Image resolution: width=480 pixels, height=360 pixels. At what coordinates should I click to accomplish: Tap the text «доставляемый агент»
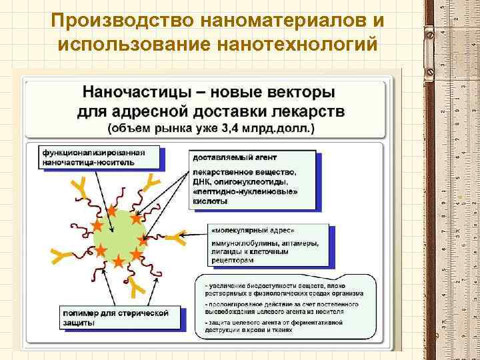(x=225, y=158)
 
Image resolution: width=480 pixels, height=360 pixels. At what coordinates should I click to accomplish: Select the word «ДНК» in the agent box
(x=202, y=181)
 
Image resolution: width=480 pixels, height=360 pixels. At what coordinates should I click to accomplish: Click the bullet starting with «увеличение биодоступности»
(x=287, y=289)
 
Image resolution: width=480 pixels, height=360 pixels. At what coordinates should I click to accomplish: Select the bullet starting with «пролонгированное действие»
(x=287, y=307)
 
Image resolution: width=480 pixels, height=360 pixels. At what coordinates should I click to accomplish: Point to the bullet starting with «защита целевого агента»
(x=287, y=326)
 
